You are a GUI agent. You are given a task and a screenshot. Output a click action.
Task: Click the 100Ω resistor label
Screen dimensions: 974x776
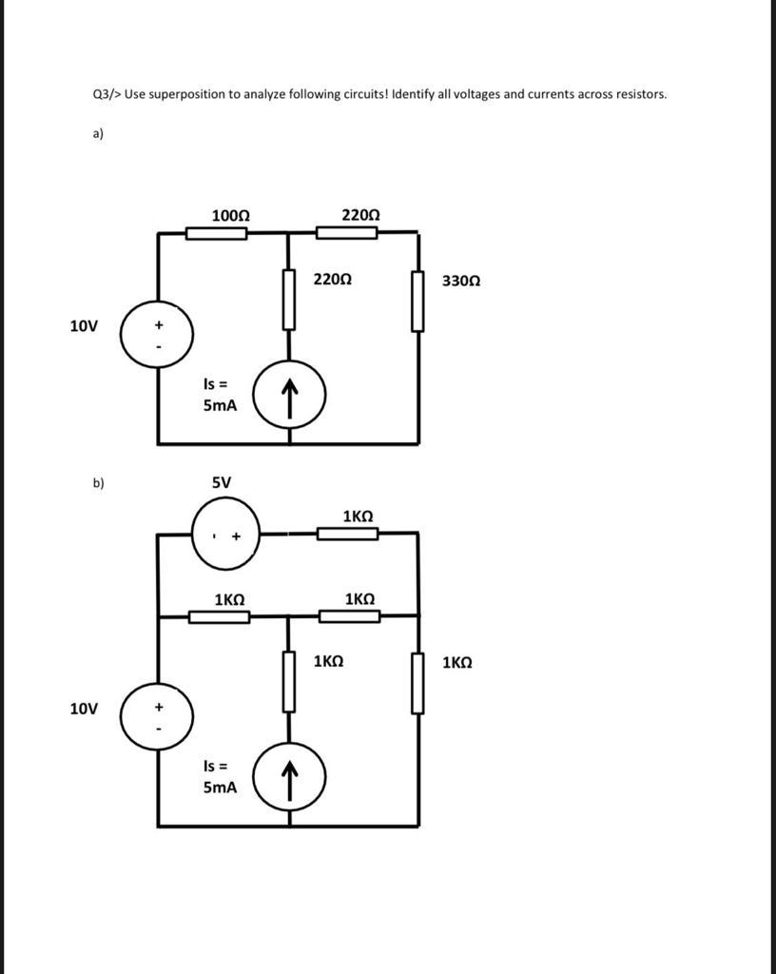pyautogui.click(x=230, y=216)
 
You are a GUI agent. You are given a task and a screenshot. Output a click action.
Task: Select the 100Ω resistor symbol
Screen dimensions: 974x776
pyautogui.click(x=216, y=233)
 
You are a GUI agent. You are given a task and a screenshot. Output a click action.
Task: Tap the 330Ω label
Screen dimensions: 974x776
pyautogui.click(x=461, y=282)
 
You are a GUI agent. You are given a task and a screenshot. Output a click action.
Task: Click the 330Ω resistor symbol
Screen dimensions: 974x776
pyautogui.click(x=417, y=301)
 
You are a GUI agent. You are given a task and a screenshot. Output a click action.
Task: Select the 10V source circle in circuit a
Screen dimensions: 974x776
pyautogui.click(x=157, y=334)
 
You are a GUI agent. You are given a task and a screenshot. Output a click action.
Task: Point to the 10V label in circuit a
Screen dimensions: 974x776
pyautogui.click(x=84, y=327)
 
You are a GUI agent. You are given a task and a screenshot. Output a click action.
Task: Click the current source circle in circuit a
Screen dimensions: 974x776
pyautogui.click(x=290, y=392)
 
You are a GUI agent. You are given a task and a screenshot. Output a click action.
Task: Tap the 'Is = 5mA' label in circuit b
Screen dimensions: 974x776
pyautogui.click(x=219, y=776)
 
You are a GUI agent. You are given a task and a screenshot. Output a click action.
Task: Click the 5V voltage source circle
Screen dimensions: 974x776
pyautogui.click(x=225, y=535)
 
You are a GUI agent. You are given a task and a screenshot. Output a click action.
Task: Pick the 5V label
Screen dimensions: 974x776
pyautogui.click(x=221, y=482)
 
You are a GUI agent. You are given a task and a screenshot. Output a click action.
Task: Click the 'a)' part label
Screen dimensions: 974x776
pyautogui.click(x=97, y=134)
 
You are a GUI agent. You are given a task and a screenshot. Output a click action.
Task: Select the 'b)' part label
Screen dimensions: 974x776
pyautogui.click(x=98, y=483)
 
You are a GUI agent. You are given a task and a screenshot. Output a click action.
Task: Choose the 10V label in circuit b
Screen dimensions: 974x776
pyautogui.click(x=84, y=709)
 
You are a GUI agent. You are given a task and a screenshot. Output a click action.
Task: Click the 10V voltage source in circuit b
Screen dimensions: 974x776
pyautogui.click(x=157, y=716)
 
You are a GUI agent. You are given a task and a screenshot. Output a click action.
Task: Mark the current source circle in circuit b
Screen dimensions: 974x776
pyautogui.click(x=290, y=776)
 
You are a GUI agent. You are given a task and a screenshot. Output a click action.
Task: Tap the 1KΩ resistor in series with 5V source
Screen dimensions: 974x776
pyautogui.click(x=347, y=534)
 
